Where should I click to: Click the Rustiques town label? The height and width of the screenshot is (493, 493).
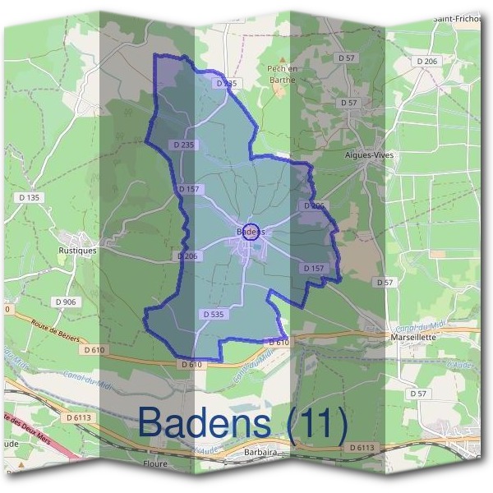point(78,251)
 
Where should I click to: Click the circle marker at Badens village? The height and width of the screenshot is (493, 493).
point(251,231)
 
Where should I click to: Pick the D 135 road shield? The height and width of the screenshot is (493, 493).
point(28,197)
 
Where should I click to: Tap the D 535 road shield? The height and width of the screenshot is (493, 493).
point(212,314)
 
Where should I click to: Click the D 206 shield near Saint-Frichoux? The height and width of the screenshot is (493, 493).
point(426,62)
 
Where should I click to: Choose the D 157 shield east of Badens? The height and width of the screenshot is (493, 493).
point(314,269)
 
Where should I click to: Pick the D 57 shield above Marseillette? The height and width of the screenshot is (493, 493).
point(383,282)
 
